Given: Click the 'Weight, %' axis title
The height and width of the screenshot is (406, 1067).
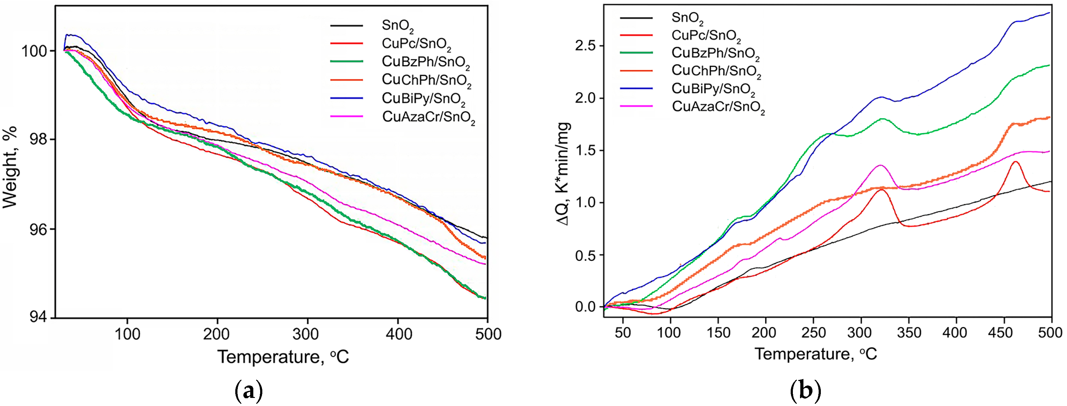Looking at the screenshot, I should pos(10,167).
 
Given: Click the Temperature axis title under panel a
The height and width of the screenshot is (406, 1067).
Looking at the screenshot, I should pos(283,357).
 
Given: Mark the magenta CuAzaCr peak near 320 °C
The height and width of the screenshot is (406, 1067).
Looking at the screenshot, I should pos(880,165).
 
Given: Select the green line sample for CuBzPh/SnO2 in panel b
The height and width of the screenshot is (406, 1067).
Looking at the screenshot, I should pos(636,53).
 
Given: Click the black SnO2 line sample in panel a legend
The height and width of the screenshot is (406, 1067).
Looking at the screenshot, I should pos(346,26).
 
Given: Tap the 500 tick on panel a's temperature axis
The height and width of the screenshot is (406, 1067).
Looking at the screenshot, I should pos(488,334).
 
